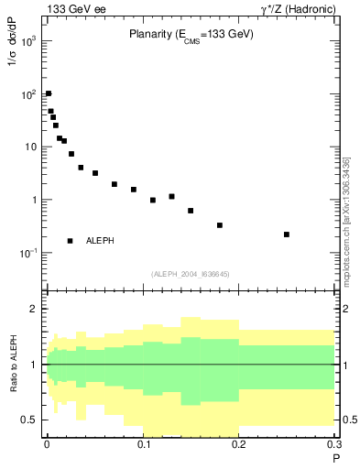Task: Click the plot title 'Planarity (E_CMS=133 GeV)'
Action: [x=190, y=34]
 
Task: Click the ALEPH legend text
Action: [x=100, y=241]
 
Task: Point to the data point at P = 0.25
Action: [x=287, y=234]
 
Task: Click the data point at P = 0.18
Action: [x=220, y=225]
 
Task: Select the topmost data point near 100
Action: [x=49, y=93]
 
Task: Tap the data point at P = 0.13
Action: [x=171, y=196]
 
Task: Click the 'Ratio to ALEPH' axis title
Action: [x=13, y=364]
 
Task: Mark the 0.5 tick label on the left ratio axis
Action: [x=29, y=420]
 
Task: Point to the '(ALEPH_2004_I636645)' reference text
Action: [x=191, y=274]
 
